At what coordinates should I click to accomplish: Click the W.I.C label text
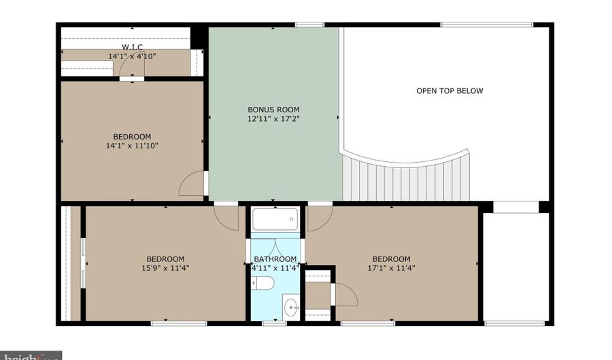(132, 47)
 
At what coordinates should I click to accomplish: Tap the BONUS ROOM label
(273, 110)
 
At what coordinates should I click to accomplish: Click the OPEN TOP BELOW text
(449, 91)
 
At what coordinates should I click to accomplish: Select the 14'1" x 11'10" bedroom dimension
(132, 145)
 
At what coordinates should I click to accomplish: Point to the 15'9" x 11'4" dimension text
(165, 267)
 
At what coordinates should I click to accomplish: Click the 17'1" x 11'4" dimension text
(391, 267)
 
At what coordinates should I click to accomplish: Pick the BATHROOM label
(275, 259)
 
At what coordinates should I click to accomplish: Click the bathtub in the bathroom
(275, 219)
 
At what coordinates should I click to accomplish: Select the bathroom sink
(291, 306)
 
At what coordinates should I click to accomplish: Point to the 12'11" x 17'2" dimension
(273, 118)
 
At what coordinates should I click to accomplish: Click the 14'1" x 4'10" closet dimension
(132, 56)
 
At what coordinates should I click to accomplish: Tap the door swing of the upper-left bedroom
(192, 184)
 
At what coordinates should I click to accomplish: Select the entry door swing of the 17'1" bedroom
(320, 216)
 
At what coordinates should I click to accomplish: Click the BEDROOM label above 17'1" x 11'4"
(391, 259)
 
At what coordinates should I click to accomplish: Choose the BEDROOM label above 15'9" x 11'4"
(165, 259)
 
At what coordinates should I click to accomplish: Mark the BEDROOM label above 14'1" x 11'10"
(132, 136)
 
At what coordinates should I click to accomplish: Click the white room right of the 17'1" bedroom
(515, 265)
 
